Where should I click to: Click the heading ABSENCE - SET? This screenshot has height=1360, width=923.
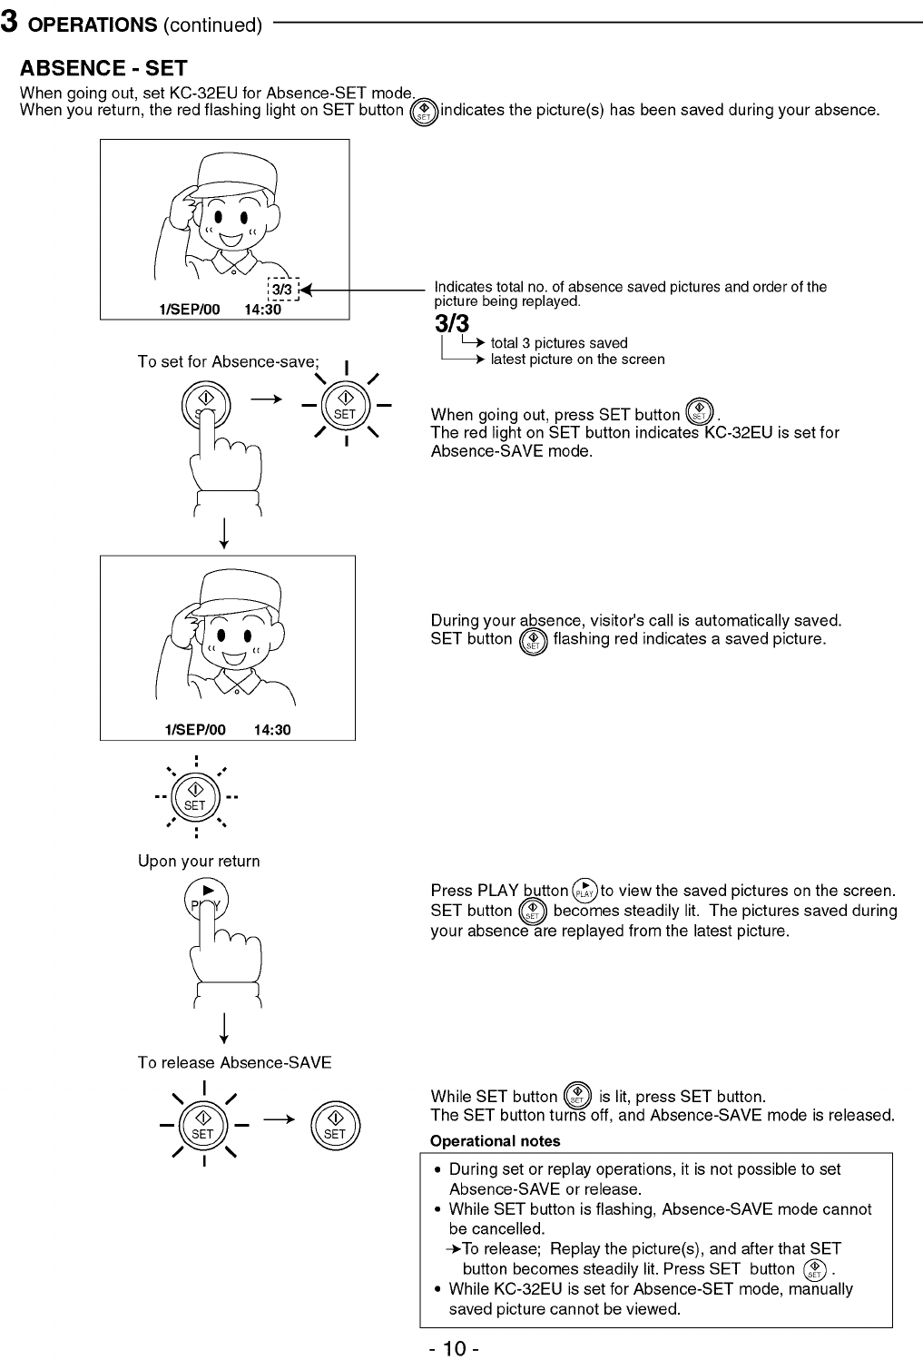103,68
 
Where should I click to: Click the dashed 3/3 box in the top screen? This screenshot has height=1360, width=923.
282,290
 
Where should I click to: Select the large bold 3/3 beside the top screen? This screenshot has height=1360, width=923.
452,323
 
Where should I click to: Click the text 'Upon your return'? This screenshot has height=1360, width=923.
199,861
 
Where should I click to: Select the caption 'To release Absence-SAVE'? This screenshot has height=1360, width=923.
234,1062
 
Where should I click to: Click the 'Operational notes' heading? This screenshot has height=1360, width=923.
495,1141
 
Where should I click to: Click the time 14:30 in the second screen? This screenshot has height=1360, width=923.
272,730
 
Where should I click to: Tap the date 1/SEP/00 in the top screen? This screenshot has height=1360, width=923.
189,310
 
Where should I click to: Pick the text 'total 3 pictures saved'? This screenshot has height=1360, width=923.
559,343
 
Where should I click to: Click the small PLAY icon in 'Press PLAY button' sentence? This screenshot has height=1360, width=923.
586,891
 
